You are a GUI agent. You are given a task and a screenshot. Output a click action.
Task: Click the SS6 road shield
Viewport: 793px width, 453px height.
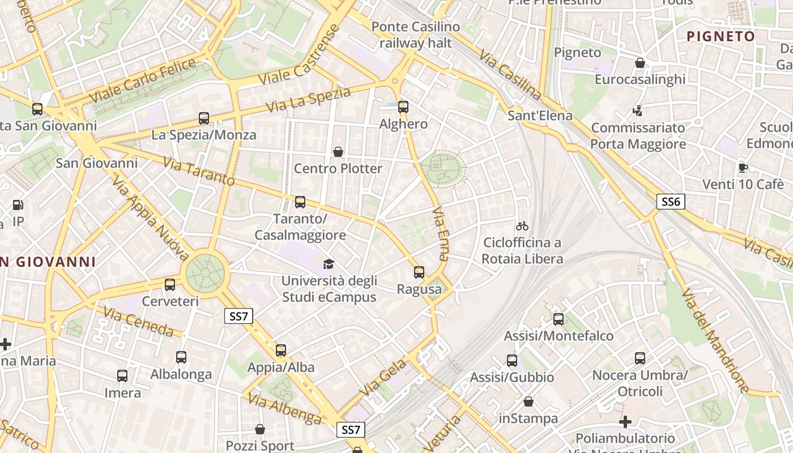pyautogui.click(x=671, y=202)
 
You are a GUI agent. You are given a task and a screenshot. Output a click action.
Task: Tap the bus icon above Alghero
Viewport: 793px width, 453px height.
pyautogui.click(x=403, y=106)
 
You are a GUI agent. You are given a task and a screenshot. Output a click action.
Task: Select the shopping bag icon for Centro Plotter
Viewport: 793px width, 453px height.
pyautogui.click(x=338, y=152)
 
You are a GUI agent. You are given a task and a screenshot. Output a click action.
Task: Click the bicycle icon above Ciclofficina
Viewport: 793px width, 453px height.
pyautogui.click(x=522, y=226)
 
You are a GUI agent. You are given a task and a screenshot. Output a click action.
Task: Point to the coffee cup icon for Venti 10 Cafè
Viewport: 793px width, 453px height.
pyautogui.click(x=743, y=168)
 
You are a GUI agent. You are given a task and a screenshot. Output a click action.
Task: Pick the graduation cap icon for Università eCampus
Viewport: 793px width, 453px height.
pyautogui.click(x=329, y=264)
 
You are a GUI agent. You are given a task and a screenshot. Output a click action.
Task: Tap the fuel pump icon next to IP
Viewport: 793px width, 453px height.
pyautogui.click(x=18, y=205)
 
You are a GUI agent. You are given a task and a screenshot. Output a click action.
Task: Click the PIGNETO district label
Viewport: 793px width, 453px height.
pyautogui.click(x=720, y=37)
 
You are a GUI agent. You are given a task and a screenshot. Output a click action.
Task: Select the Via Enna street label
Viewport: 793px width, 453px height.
pyautogui.click(x=440, y=233)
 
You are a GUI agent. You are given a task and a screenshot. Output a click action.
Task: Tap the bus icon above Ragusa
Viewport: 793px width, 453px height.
pyautogui.click(x=419, y=272)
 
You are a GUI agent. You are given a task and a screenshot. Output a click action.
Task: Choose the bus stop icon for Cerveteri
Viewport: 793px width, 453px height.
pyautogui.click(x=170, y=285)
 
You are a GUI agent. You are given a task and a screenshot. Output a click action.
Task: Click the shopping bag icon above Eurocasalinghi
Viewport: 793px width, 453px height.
pyautogui.click(x=640, y=63)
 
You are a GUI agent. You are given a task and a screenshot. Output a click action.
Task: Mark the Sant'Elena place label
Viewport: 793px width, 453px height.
pyautogui.click(x=540, y=116)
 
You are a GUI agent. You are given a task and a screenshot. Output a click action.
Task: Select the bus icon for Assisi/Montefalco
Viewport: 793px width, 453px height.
pyautogui.click(x=558, y=319)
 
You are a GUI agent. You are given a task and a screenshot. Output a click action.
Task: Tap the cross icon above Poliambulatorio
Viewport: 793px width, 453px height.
pyautogui.click(x=625, y=422)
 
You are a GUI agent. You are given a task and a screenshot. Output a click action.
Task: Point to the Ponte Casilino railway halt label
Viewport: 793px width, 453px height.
pyautogui.click(x=416, y=35)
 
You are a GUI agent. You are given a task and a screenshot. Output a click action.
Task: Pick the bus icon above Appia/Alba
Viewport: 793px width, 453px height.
pyautogui.click(x=281, y=351)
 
